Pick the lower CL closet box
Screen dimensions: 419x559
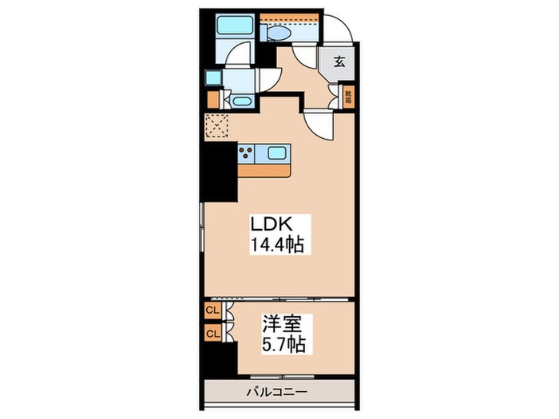pyautogui.click(x=213, y=332)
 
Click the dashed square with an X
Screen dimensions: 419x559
pyautogui.click(x=216, y=127)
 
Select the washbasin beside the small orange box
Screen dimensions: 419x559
pyautogui.click(x=239, y=101)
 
